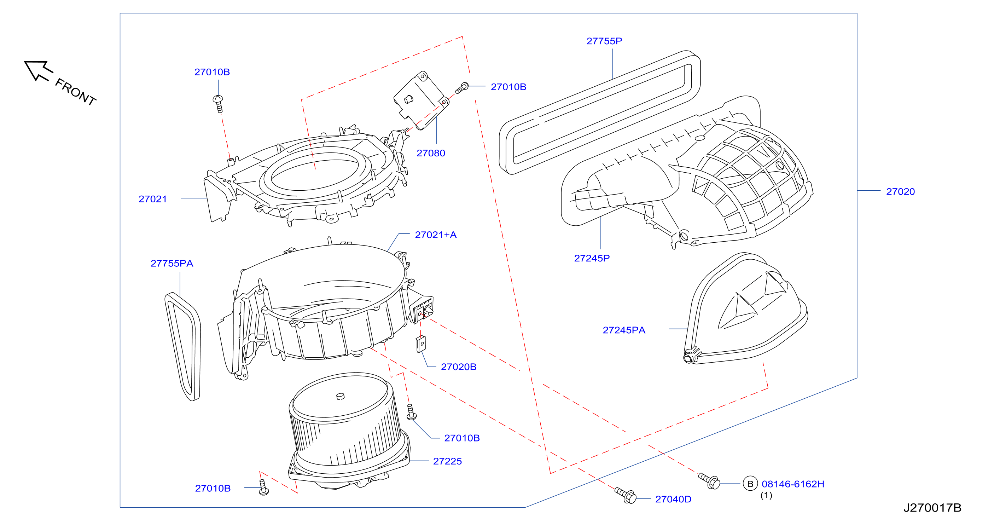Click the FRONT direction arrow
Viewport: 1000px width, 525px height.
pyautogui.click(x=37, y=70)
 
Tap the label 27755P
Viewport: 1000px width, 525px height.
pyautogui.click(x=604, y=41)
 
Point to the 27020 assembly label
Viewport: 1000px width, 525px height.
pyautogui.click(x=900, y=191)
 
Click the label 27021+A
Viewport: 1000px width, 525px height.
pyautogui.click(x=436, y=235)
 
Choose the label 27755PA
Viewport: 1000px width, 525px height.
pyautogui.click(x=171, y=263)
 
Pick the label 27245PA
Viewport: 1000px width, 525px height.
pyautogui.click(x=624, y=330)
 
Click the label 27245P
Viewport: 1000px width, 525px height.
pyautogui.click(x=592, y=258)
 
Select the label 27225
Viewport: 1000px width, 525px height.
pyautogui.click(x=447, y=461)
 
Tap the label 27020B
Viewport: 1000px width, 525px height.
pyautogui.click(x=459, y=367)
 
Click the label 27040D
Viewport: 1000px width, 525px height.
pyautogui.click(x=673, y=500)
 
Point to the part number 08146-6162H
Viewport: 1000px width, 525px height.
pyautogui.click(x=793, y=484)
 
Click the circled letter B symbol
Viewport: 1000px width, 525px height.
pyautogui.click(x=750, y=484)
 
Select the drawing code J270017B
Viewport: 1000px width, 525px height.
pyautogui.click(x=932, y=508)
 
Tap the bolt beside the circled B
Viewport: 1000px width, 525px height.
pyautogui.click(x=709, y=481)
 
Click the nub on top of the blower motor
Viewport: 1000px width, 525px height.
pyautogui.click(x=340, y=396)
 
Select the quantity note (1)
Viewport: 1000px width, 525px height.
pyautogui.click(x=766, y=496)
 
